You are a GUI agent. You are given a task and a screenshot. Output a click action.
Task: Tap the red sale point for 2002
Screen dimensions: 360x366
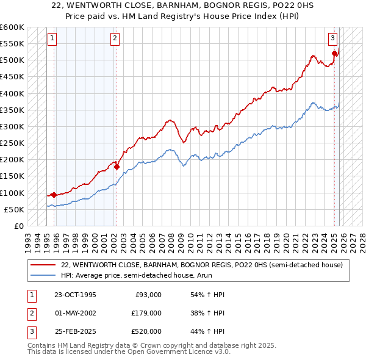point(116,166)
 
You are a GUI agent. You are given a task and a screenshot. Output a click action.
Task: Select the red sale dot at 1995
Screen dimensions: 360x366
point(54,195)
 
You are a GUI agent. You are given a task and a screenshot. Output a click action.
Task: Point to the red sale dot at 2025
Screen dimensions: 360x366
point(334,54)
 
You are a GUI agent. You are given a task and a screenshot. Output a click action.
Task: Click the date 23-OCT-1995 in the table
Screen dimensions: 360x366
point(75,295)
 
